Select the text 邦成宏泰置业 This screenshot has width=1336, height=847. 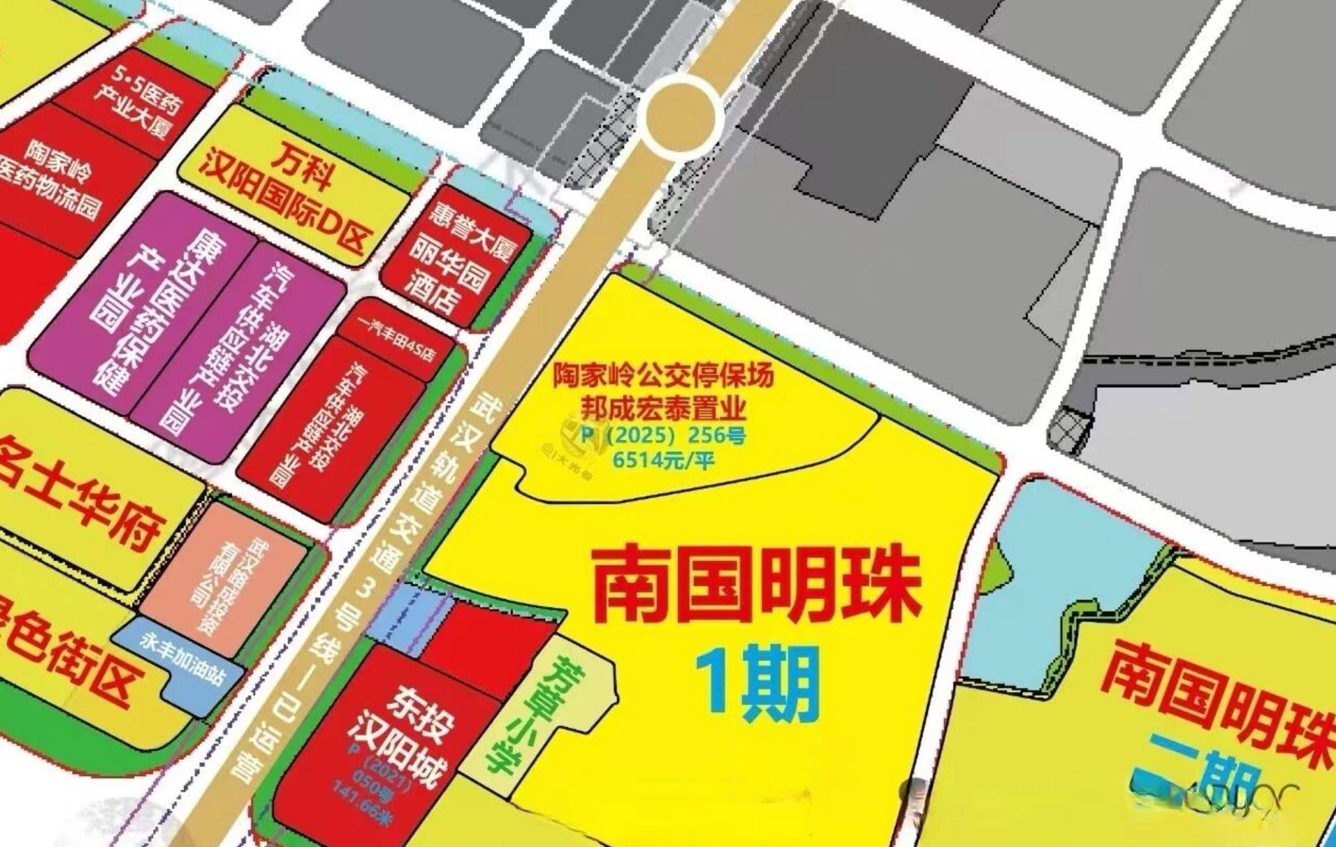click(663, 408)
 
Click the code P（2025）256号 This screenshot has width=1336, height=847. click(663, 435)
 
